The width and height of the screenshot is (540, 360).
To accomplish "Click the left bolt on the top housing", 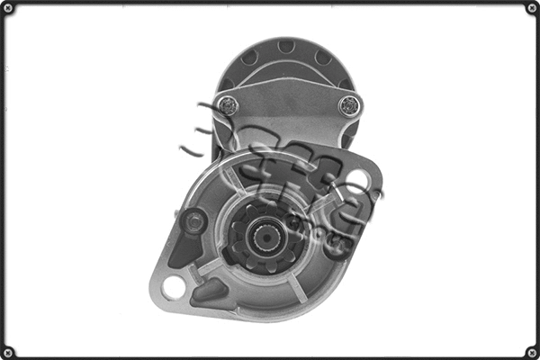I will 226,104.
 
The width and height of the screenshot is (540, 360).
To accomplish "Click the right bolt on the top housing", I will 348,104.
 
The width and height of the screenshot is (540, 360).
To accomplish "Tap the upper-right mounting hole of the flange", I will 357,177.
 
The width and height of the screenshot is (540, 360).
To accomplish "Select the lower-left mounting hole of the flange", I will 174,288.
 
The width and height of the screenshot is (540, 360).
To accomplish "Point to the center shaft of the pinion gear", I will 267,238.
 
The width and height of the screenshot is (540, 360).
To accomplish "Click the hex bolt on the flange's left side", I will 193,220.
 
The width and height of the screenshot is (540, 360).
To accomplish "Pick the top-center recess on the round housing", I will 285,46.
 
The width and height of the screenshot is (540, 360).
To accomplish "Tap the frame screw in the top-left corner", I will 9,9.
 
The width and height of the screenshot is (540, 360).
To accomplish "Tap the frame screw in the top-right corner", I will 531,9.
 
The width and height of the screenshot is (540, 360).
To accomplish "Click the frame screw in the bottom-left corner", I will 9,351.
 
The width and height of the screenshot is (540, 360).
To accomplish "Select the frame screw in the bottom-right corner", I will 531,351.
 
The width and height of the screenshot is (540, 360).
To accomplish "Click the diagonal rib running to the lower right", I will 306,283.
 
